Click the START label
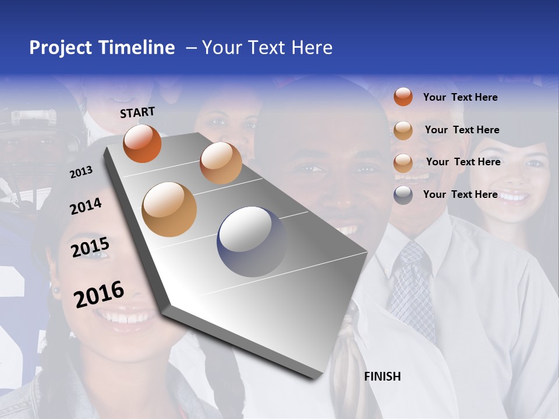[137, 112]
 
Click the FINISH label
[383, 377]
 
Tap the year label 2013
[81, 172]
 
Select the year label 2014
[86, 207]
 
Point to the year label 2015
[90, 247]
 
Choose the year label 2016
[99, 294]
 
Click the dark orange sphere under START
[142, 143]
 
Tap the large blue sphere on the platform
[251, 242]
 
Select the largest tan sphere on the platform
[169, 209]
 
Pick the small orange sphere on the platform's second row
[221, 163]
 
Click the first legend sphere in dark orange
[403, 97]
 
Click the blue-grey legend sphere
[403, 195]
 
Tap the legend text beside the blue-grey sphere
[460, 194]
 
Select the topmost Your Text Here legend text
[460, 97]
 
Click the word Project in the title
[61, 48]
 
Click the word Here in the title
[312, 48]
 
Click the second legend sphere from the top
[403, 130]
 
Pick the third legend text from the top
[463, 162]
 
